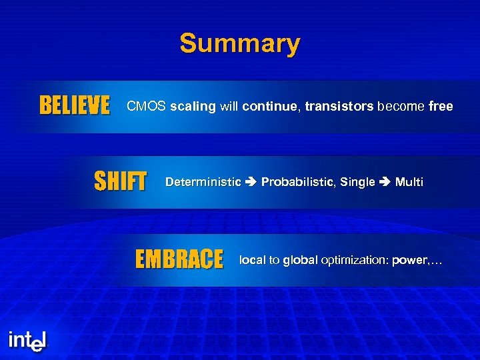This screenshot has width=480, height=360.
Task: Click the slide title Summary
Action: coord(239,44)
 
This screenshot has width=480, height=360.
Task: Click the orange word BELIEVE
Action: coord(75,106)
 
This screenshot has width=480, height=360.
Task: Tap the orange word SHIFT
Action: coord(120,181)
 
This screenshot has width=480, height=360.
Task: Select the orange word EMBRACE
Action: coord(179,259)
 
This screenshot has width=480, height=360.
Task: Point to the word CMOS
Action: coord(146,106)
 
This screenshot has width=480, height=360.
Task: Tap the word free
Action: coord(440,106)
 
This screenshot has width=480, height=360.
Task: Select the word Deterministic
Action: coord(203,182)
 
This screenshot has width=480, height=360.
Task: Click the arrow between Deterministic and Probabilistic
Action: coord(251,182)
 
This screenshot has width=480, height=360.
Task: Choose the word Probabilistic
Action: coord(298,182)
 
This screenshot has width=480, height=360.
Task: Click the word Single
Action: coord(357,182)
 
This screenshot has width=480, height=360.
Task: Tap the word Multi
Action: coord(409,182)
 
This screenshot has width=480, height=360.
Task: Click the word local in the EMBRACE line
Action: coord(252,260)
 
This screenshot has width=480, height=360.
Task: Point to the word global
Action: coord(300,260)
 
